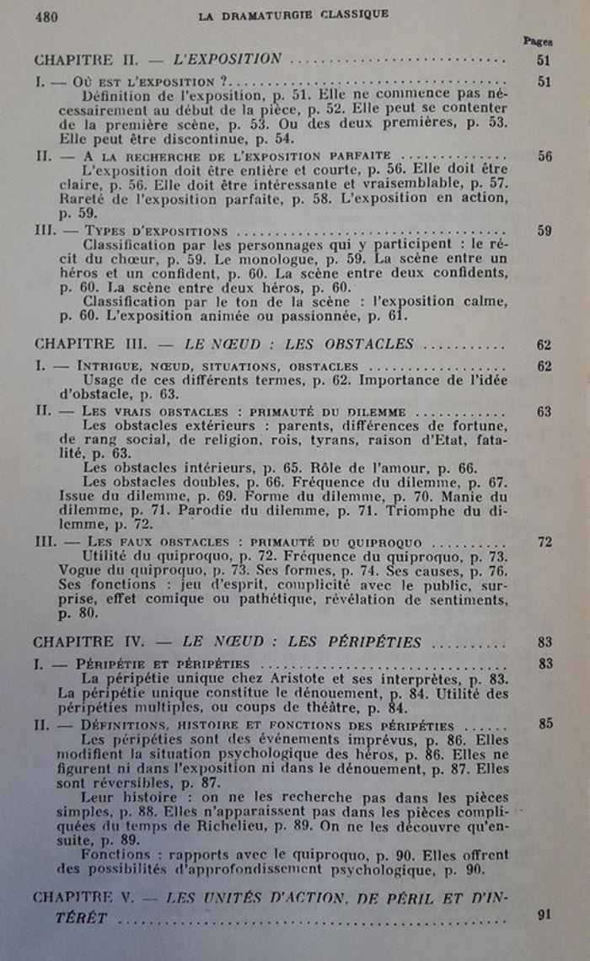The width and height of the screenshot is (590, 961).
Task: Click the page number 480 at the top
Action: click(46, 16)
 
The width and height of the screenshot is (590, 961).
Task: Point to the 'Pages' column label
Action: click(537, 40)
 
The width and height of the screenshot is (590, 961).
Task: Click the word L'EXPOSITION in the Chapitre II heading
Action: click(227, 59)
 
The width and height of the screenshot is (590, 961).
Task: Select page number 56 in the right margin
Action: click(544, 156)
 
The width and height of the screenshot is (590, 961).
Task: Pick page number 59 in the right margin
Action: click(544, 230)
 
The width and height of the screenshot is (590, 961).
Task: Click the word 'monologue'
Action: click(272, 259)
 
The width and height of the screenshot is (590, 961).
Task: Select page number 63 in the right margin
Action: click(544, 411)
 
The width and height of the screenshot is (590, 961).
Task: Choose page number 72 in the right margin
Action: click(544, 542)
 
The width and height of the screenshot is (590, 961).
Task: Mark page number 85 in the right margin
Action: click(544, 723)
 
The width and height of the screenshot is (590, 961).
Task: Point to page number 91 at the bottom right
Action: click(544, 915)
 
